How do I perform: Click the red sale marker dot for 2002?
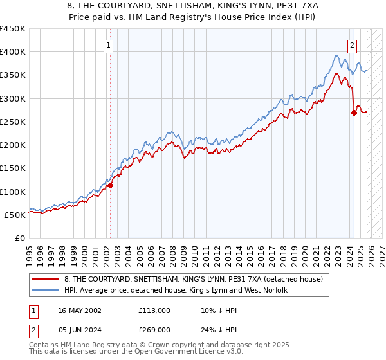(110, 185)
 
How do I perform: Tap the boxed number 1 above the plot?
(109, 45)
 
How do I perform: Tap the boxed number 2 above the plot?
(353, 45)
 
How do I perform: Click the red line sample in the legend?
(46, 279)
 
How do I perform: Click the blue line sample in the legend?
(46, 291)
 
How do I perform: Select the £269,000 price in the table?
(154, 329)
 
